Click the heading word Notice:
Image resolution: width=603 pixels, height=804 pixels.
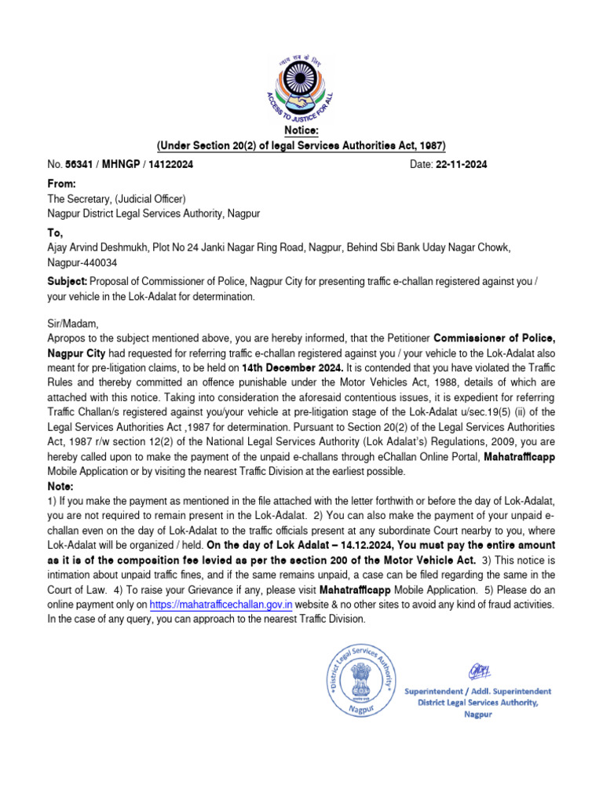[301, 130]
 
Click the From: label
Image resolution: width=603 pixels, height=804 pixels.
[63, 183]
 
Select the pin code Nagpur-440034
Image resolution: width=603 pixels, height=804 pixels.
[85, 263]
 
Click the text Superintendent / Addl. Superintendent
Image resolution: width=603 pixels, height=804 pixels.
[477, 691]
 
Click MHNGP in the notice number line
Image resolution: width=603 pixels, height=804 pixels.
[120, 165]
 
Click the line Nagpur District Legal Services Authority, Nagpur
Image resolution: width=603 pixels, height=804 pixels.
[154, 214]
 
